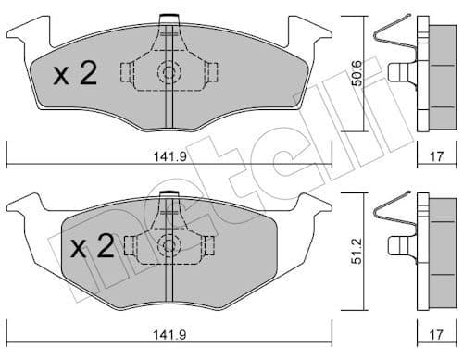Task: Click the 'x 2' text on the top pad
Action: pyautogui.click(x=75, y=75)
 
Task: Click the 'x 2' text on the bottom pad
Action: pyautogui.click(x=92, y=247)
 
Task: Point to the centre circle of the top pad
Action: pyautogui.click(x=169, y=71)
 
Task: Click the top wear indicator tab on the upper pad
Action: pyautogui.click(x=169, y=19)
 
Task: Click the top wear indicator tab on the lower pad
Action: pyautogui.click(x=169, y=195)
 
